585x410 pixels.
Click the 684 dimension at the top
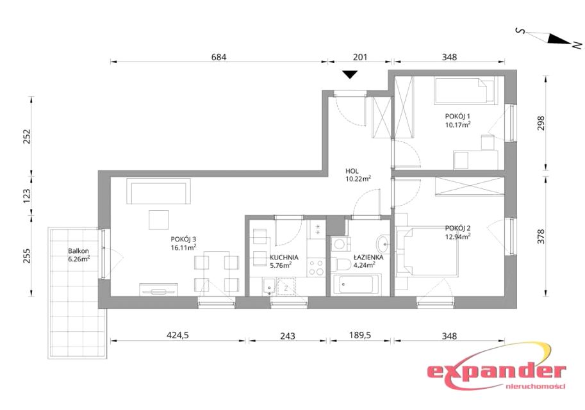[x=218, y=57]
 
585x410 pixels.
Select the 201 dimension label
[x=360, y=57]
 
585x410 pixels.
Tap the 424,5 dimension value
[x=177, y=336]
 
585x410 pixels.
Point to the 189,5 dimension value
[x=360, y=336]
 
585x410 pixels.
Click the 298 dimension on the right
[x=541, y=123]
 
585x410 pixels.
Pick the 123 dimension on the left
[x=26, y=196]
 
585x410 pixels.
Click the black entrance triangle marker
[x=350, y=74]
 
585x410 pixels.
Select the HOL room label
[x=352, y=171]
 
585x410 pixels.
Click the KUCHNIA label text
[x=284, y=258]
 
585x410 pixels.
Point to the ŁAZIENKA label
[x=368, y=258]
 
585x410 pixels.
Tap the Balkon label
[x=78, y=251]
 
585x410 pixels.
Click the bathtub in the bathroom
[x=356, y=284]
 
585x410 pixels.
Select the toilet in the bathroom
[x=341, y=265]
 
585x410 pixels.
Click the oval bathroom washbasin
[x=383, y=244]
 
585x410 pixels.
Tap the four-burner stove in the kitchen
[x=317, y=267]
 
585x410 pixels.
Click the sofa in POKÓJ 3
[x=158, y=191]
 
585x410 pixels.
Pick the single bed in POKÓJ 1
[x=465, y=90]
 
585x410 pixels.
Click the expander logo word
[x=496, y=372]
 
